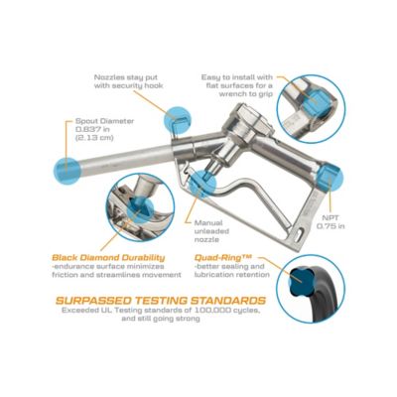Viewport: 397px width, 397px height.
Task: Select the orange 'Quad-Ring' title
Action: tap(229, 255)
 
